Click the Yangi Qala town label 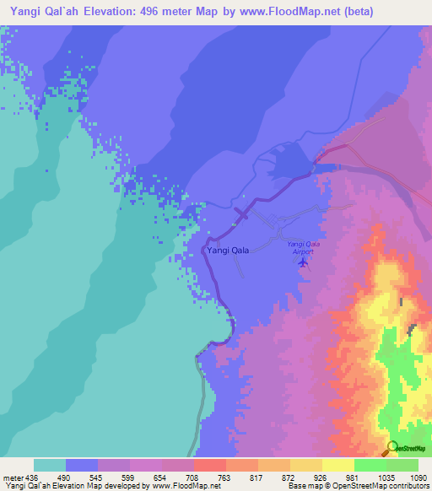coord(228,251)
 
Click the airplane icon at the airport coord(302,262)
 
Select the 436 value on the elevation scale coord(25,478)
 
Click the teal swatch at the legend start coord(49,465)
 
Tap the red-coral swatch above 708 coord(209,465)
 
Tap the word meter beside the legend coord(12,478)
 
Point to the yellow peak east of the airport coord(387,278)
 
